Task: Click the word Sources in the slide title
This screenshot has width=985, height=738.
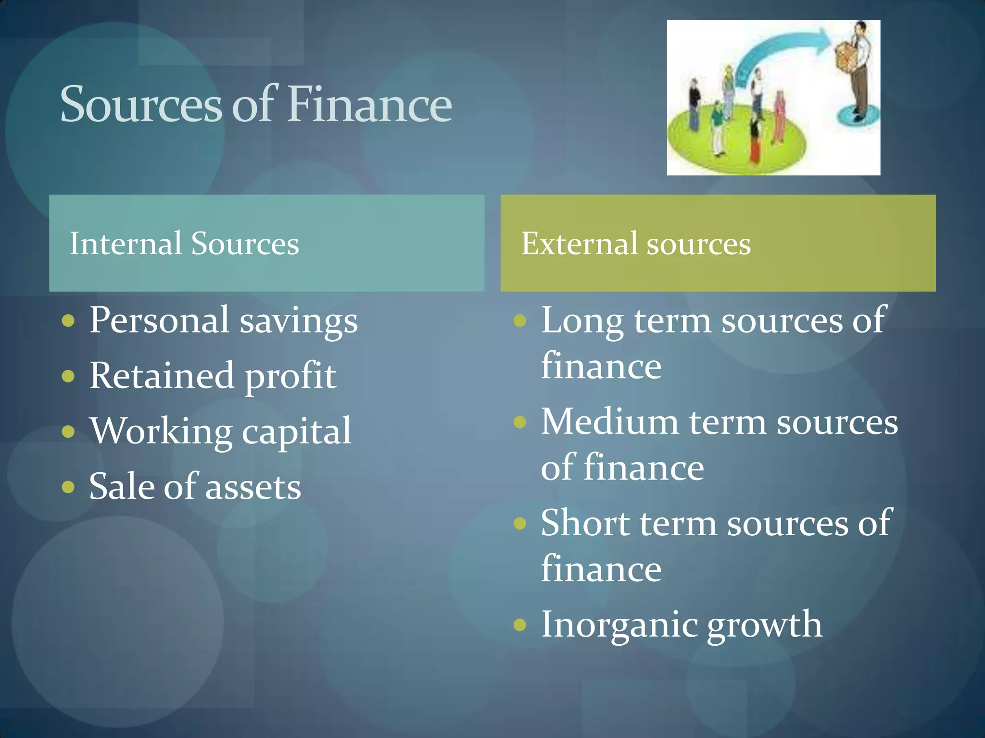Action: (x=141, y=105)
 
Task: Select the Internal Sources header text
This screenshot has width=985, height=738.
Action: (x=184, y=243)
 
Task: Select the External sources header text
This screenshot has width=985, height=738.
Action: (x=636, y=243)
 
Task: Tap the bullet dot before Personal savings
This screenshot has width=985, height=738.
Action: (x=68, y=320)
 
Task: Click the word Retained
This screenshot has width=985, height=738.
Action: (x=162, y=376)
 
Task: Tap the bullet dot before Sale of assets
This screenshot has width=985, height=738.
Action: (x=68, y=487)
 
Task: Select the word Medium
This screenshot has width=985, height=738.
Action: (x=609, y=422)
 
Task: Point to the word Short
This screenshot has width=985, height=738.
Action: (x=585, y=523)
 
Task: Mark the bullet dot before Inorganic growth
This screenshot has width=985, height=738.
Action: (x=520, y=625)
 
